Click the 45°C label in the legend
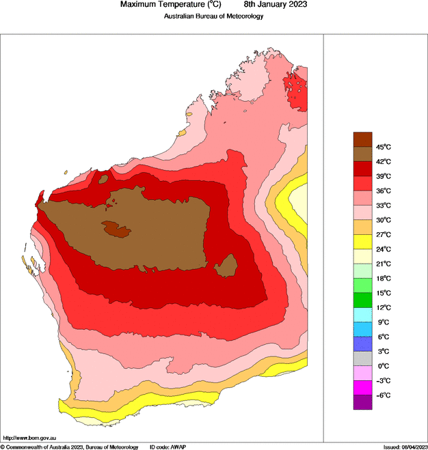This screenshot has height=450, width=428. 383,147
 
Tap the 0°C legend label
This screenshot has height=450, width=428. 383,366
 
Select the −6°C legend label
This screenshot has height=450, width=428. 383,395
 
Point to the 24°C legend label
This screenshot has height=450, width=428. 383,249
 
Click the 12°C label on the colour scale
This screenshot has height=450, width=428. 383,307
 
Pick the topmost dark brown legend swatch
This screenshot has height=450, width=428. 362,139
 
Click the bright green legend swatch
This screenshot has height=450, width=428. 362,300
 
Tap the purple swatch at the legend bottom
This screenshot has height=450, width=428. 362,402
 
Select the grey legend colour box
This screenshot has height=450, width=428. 362,358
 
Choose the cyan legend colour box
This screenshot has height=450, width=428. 362,315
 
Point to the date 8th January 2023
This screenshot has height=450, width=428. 271,5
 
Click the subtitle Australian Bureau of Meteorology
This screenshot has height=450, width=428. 213,16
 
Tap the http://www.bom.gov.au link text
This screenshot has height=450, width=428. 30,437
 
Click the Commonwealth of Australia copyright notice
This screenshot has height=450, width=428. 69,446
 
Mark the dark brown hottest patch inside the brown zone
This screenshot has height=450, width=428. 116,229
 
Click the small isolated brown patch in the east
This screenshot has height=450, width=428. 226,266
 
